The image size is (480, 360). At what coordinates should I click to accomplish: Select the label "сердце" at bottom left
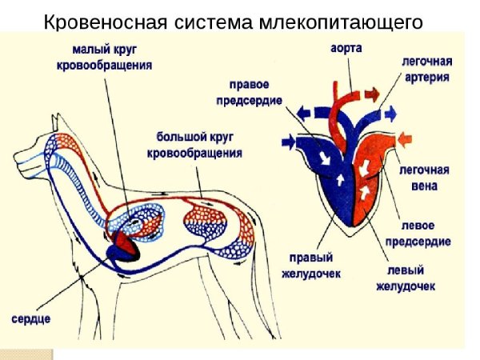pyautogui.click(x=31, y=318)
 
